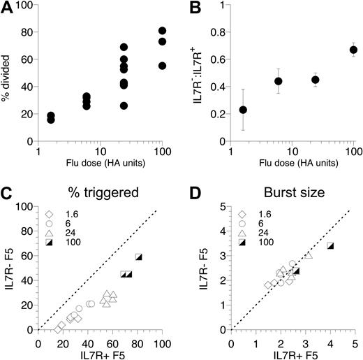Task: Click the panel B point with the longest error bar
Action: tap(243, 110)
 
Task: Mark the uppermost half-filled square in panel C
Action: tap(139, 257)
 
